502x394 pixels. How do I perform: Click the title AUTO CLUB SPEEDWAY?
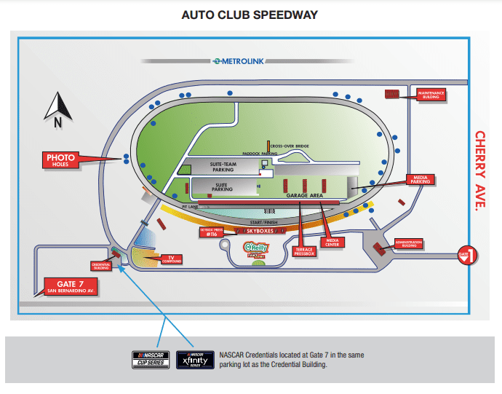pos(250,15)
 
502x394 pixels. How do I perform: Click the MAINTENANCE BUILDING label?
pos(431,94)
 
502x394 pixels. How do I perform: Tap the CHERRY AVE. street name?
pos(480,170)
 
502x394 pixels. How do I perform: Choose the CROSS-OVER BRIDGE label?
pos(294,146)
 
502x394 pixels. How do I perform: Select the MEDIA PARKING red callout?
pos(420,179)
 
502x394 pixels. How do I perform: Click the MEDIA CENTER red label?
pos(332,240)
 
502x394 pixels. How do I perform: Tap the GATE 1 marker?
pos(466,255)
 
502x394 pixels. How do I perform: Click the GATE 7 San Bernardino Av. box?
pos(71,285)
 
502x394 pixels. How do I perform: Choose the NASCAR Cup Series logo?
pos(151,359)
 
